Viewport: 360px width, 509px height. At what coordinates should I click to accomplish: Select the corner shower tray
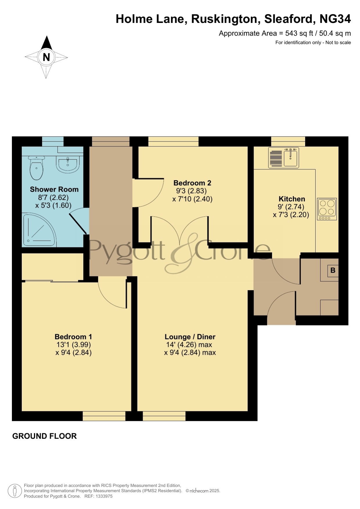click(x=39, y=229)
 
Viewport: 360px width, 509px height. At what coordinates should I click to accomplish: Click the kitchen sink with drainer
click(x=283, y=157)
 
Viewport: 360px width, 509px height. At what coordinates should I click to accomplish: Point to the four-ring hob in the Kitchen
click(x=327, y=209)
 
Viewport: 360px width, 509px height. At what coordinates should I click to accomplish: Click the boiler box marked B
click(x=333, y=271)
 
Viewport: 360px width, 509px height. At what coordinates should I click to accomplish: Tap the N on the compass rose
click(x=46, y=57)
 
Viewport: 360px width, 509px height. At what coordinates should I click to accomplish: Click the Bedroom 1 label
click(x=73, y=337)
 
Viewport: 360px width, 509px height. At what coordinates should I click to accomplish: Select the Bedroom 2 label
click(x=192, y=183)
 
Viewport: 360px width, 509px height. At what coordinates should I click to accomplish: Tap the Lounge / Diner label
click(x=190, y=337)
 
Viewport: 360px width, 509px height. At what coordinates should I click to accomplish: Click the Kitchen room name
click(x=292, y=199)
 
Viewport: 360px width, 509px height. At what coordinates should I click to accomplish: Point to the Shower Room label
click(x=54, y=189)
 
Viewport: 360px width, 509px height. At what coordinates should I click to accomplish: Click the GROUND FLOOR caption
click(x=44, y=436)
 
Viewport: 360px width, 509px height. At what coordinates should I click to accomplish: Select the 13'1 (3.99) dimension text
click(x=74, y=345)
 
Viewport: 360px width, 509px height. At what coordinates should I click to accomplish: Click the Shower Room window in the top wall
click(x=53, y=141)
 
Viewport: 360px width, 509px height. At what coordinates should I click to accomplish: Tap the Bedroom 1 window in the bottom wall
click(x=104, y=416)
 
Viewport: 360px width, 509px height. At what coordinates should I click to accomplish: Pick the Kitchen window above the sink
click(x=288, y=141)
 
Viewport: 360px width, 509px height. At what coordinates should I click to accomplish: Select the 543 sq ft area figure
click(x=299, y=33)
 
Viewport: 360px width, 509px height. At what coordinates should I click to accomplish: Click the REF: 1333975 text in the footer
click(x=98, y=496)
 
